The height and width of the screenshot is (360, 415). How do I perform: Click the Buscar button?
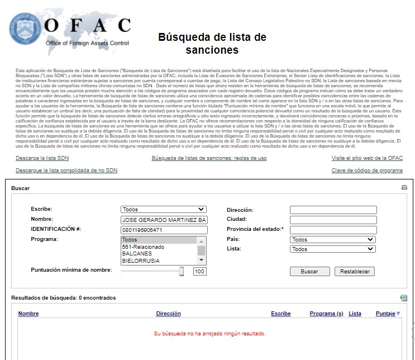(x=309, y=272)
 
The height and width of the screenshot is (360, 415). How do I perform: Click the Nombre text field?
(x=164, y=220)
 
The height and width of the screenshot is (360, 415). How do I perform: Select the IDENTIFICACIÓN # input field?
(x=164, y=230)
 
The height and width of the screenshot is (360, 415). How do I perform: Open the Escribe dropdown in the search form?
(x=164, y=210)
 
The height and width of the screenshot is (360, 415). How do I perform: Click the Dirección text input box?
(x=333, y=210)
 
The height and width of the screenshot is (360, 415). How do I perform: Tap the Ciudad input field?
(x=333, y=220)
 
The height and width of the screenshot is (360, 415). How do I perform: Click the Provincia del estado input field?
(x=333, y=230)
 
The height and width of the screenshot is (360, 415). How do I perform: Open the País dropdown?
(x=333, y=239)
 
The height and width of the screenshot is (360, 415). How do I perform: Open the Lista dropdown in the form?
(x=333, y=249)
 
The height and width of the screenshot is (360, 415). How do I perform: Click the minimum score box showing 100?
(x=200, y=271)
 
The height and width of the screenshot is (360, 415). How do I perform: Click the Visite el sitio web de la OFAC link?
(x=367, y=158)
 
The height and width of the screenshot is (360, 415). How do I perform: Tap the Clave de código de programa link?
(x=367, y=170)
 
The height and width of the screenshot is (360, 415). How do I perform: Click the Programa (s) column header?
(x=326, y=314)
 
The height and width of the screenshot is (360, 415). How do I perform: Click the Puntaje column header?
(x=385, y=314)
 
